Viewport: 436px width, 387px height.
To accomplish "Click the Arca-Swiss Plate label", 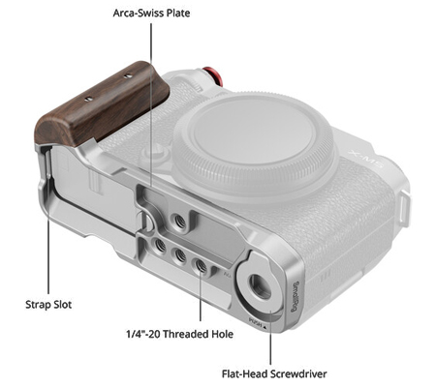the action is click(151, 13).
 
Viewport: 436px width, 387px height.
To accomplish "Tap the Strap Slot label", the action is click(48, 305).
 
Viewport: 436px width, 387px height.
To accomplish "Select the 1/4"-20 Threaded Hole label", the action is click(179, 334).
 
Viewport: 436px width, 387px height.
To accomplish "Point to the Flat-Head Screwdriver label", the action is click(274, 373).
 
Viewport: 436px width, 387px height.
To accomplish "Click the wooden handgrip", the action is click(102, 104).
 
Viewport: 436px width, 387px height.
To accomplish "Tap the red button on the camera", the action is click(213, 76).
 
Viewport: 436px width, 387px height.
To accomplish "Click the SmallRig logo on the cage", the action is click(296, 296).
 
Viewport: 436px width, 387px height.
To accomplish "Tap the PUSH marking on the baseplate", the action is click(257, 323).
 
